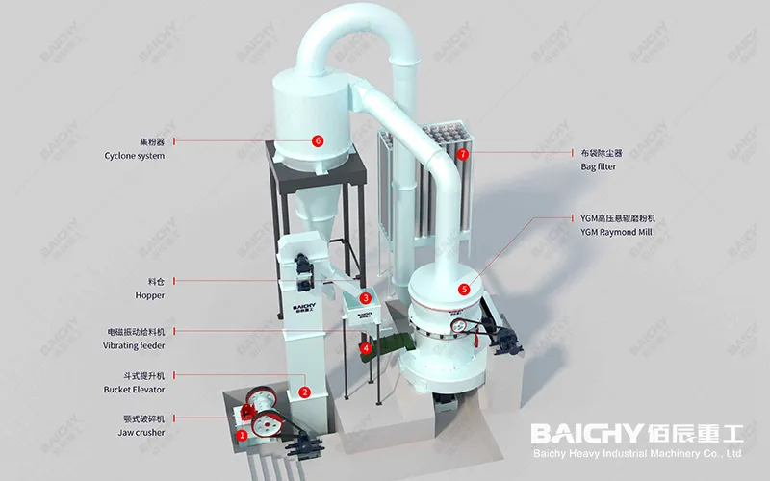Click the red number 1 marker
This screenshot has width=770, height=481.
coord(242,435)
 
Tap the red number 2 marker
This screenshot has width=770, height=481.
coord(304,392)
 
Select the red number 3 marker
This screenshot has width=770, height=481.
coord(366,299)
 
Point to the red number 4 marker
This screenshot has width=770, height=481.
coord(366,347)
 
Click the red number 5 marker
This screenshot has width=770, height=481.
coord(465,288)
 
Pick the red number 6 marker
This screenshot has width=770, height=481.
coord(318,140)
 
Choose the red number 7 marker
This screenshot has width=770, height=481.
coord(463,153)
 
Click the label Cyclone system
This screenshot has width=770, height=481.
coord(135,155)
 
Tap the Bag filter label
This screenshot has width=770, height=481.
coord(598,166)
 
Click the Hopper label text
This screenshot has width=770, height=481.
coord(149,295)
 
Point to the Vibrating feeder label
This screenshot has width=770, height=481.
coord(135,344)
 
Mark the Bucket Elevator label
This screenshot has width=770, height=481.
coord(135,390)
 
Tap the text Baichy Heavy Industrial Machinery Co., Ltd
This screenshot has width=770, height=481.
coord(636,453)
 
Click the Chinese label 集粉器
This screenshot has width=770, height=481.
coord(148,140)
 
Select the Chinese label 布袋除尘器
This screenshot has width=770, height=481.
coord(604,152)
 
